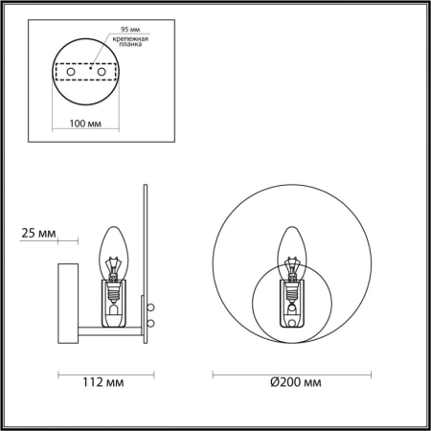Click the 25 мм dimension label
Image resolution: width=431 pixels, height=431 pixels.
pyautogui.click(x=37, y=234)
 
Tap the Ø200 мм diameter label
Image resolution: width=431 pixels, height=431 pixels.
pyautogui.click(x=295, y=384)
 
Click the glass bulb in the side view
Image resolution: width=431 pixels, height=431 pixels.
pyautogui.click(x=115, y=246)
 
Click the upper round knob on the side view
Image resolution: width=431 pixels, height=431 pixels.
pyautogui.click(x=150, y=306)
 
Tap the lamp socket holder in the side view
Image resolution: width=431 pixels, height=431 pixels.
pyautogui.click(x=114, y=302)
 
